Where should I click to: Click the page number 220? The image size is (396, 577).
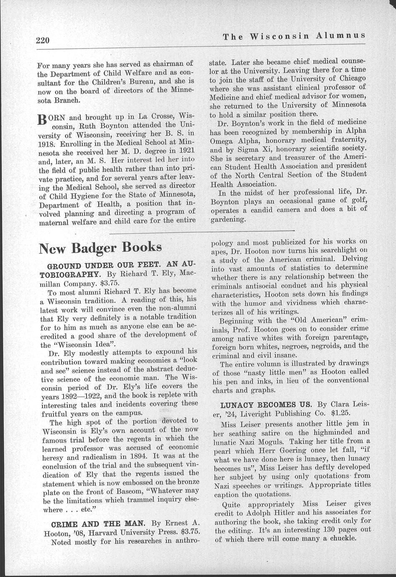(43, 41)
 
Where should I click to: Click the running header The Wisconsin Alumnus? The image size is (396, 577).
(294, 36)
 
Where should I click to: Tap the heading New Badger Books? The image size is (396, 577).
(100, 248)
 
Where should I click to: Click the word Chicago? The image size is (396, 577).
(350, 78)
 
